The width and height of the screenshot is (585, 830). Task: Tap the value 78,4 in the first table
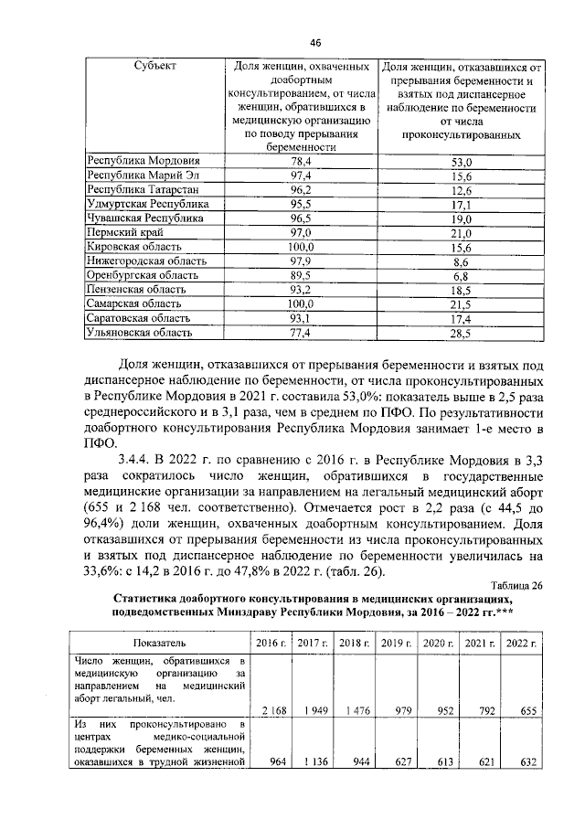click(x=301, y=161)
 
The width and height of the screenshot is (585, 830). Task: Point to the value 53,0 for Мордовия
click(x=462, y=161)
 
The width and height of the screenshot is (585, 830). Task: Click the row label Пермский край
click(x=124, y=234)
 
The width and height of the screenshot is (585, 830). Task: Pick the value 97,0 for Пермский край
click(x=301, y=234)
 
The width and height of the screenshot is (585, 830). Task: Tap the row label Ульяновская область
click(x=139, y=333)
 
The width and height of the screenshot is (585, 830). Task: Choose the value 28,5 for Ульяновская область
click(x=462, y=333)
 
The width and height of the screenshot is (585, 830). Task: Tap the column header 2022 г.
click(x=522, y=643)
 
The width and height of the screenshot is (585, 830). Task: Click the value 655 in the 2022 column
click(x=524, y=710)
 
